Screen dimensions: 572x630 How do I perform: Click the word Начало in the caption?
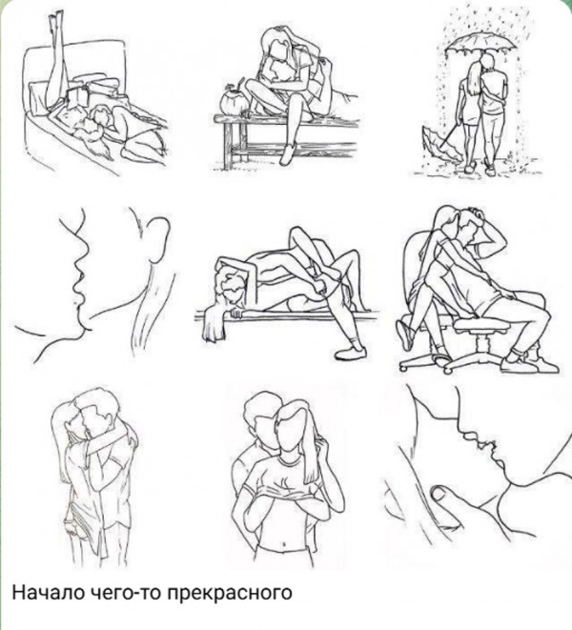click(49, 592)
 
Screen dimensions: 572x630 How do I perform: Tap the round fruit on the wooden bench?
click(232, 102)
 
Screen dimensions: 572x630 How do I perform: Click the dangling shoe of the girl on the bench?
click(287, 154)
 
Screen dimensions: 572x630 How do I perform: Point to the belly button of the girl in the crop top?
click(284, 544)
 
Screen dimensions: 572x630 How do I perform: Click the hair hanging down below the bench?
click(213, 322)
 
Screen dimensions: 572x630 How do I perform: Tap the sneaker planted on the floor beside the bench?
click(351, 353)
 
